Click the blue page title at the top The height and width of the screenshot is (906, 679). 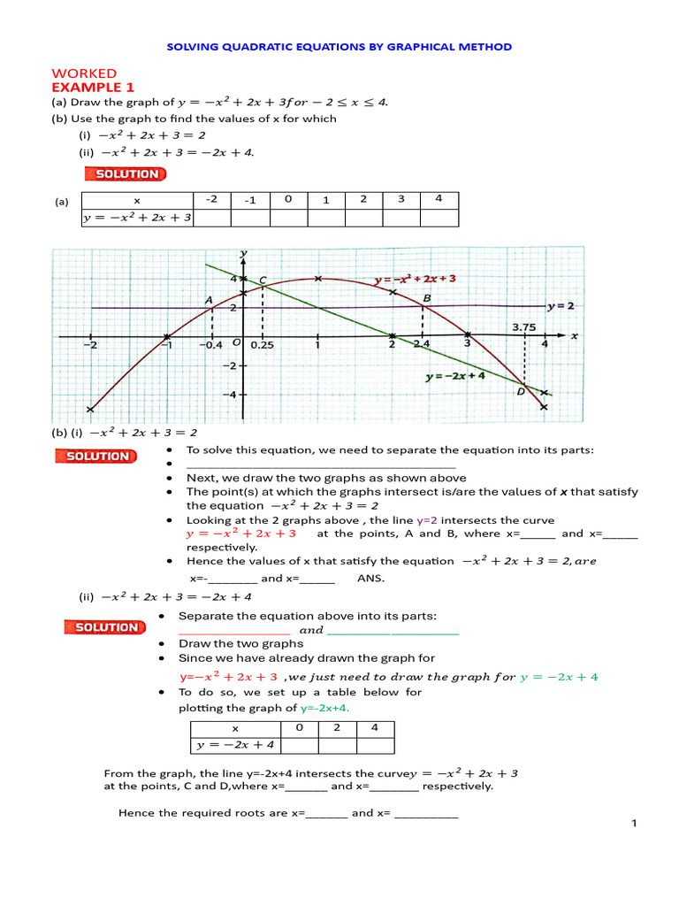339,47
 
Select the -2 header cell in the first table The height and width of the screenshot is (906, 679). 211,199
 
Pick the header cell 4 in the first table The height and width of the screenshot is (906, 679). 439,199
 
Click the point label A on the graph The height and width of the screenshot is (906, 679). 210,301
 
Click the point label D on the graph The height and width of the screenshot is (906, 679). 521,391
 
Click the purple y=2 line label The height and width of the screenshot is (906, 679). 561,306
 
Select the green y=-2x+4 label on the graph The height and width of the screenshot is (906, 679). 454,375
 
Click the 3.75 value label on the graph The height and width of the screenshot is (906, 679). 525,326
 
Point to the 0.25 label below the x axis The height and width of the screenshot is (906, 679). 262,345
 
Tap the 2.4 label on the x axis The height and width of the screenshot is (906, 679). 421,344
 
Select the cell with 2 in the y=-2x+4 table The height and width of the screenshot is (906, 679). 337,728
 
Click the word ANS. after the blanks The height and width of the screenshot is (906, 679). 370,579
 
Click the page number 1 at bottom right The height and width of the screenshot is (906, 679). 634,825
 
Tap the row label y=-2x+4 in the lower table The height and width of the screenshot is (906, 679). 235,745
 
